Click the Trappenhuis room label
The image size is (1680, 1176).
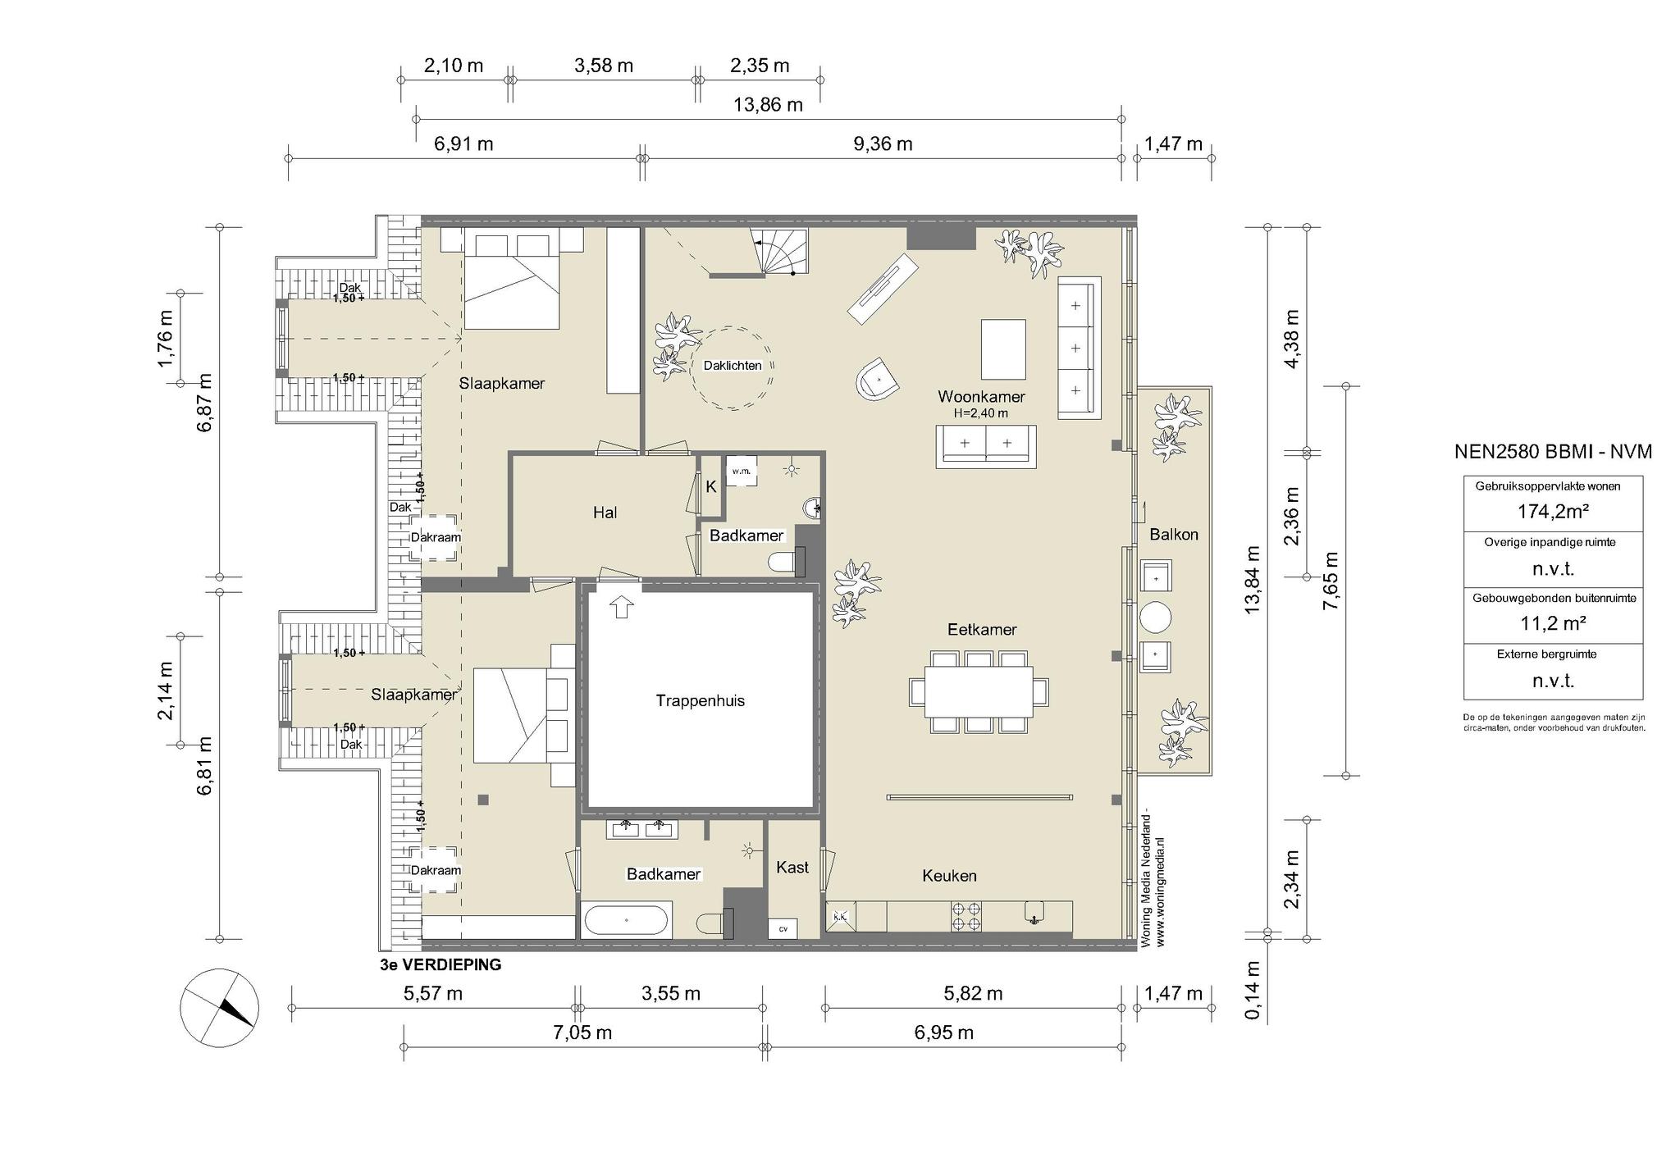tap(700, 700)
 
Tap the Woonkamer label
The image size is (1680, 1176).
tap(981, 397)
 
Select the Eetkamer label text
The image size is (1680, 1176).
tap(982, 630)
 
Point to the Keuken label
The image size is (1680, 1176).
tap(949, 876)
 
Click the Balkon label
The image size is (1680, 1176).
tap(1173, 535)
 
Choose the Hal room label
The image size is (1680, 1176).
tap(605, 513)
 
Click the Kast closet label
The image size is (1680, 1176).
tap(792, 867)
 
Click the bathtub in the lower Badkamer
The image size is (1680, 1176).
tap(627, 920)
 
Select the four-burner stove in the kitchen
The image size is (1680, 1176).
tap(966, 916)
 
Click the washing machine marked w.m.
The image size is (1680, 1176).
tap(741, 472)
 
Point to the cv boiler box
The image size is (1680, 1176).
tap(783, 928)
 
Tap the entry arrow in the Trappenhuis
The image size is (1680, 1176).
tap(622, 607)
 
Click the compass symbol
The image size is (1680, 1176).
tap(220, 1008)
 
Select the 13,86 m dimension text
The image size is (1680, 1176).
tap(768, 105)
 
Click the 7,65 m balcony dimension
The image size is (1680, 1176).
tap(1331, 581)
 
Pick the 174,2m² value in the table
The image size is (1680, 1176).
tap(1553, 512)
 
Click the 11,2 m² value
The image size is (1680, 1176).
tap(1553, 623)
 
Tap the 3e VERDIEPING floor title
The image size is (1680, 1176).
tap(441, 965)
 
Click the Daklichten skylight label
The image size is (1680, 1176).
tap(733, 366)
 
